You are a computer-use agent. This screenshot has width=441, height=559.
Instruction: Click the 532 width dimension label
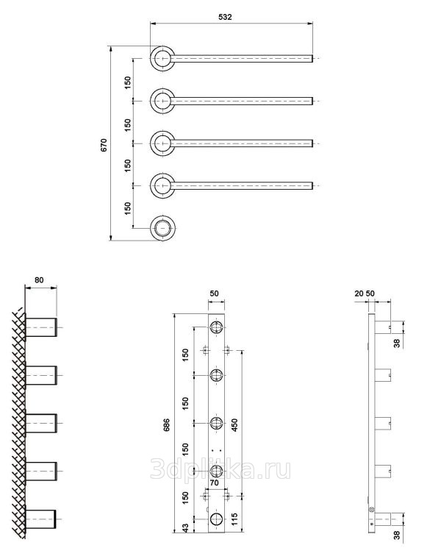pos(225,17)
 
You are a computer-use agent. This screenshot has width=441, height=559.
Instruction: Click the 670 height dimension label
pos(104,145)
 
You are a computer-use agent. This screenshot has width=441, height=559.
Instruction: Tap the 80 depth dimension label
pos(39,279)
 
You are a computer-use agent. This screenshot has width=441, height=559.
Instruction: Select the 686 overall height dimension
pos(166,425)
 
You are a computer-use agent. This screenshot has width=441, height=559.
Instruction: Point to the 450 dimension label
pos(234,425)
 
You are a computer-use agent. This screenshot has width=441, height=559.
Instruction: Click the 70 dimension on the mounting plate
pos(214,483)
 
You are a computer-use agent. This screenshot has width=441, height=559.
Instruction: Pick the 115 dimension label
pos(234,520)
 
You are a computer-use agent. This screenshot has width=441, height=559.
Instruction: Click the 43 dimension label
pos(185,528)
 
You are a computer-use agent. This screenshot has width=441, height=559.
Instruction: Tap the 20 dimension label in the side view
pos(359,293)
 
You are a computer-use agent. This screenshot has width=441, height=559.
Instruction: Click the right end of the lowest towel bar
pos(312,186)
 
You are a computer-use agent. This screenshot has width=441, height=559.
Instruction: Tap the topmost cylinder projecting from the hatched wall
pos(41,327)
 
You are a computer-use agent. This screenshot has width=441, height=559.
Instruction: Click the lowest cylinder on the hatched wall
pos(40,519)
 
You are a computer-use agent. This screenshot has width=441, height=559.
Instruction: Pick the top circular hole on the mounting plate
pos(216,327)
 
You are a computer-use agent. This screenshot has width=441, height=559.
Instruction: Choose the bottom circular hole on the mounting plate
pos(216,519)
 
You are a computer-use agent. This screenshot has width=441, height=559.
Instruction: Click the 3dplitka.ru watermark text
pos(220,469)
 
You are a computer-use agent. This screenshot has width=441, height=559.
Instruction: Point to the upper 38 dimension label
pos(397,343)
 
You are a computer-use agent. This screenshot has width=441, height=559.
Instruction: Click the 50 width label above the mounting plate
pos(214,293)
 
